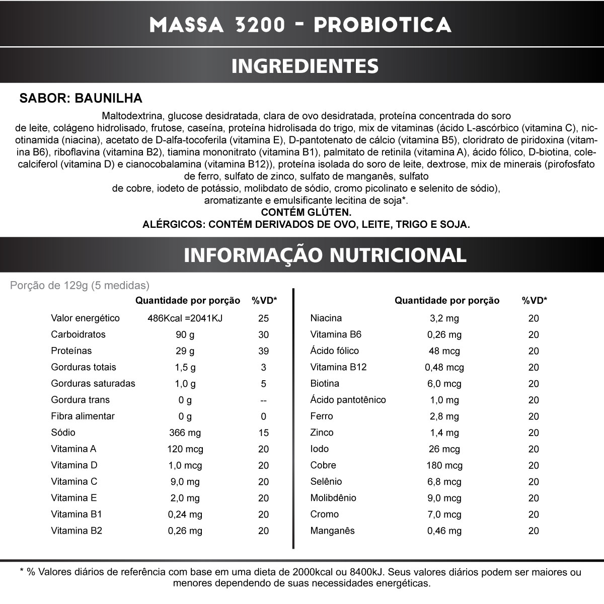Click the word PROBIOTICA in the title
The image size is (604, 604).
(x=382, y=25)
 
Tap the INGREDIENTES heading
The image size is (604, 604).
(x=305, y=66)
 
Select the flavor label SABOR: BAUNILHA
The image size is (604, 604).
(x=81, y=98)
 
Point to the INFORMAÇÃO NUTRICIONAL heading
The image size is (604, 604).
(x=325, y=255)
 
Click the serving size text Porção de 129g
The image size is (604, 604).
(x=80, y=286)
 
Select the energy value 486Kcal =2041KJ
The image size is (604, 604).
(x=185, y=318)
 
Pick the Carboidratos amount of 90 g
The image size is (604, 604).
(x=185, y=335)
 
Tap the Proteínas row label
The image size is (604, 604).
(x=71, y=351)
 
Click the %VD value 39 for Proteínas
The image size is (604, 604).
(x=263, y=352)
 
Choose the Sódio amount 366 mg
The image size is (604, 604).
(x=185, y=433)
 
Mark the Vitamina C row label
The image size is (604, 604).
(x=74, y=482)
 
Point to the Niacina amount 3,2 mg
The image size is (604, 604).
(x=444, y=318)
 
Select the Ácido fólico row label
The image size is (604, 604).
(x=335, y=351)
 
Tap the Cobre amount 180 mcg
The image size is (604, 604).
(x=444, y=466)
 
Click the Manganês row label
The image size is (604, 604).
(x=333, y=531)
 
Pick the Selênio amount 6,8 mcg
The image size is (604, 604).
(x=444, y=482)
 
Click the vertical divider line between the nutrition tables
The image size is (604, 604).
(x=293, y=417)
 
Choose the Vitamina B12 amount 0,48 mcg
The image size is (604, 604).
(x=444, y=368)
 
